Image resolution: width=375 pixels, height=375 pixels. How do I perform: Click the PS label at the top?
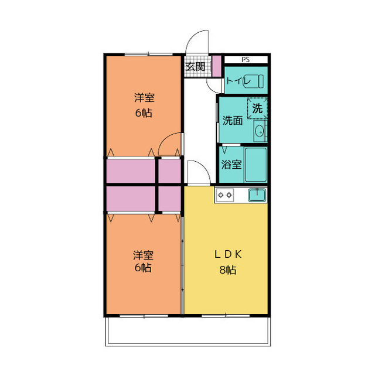coord(246,59)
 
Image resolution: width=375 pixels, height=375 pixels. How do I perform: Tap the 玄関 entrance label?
coord(196,67)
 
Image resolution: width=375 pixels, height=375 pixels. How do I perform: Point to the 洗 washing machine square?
coord(257,108)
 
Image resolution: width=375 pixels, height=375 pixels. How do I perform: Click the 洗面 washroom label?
coord(233,121)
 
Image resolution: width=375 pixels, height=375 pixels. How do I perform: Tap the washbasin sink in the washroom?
coord(258,131)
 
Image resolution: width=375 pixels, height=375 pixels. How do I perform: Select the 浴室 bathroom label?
coord(231,165)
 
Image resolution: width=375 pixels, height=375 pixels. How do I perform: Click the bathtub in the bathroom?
coord(255,164)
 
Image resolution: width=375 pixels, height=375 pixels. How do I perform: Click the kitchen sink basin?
coord(257,195)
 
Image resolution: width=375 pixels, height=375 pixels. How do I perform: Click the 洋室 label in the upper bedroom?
coord(144,98)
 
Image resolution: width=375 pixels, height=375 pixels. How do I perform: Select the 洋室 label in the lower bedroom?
coord(144,255)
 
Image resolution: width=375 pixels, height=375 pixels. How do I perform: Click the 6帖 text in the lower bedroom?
coord(144,268)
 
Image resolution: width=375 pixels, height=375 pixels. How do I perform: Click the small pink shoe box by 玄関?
coord(216,63)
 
